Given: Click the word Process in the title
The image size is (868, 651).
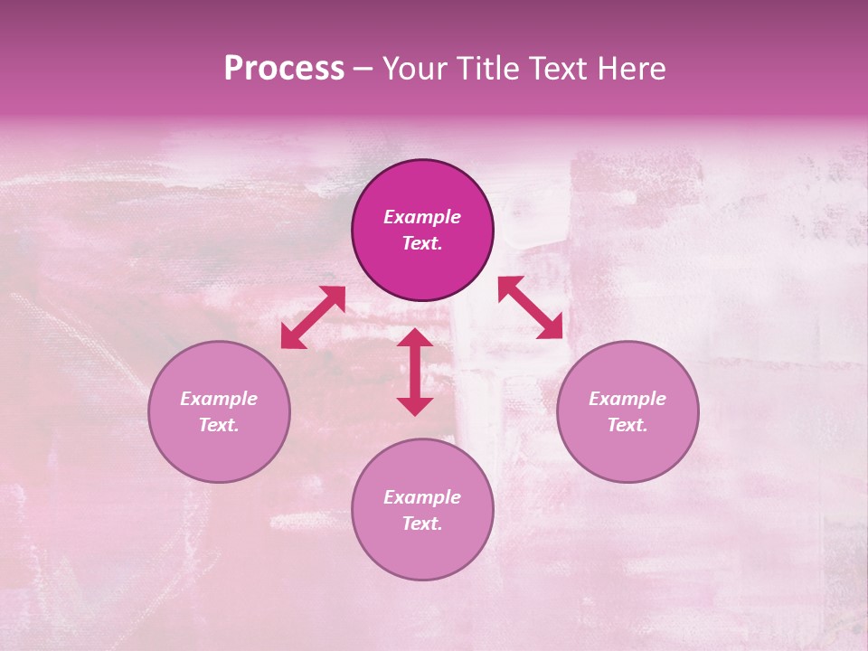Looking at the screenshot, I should pos(284,69).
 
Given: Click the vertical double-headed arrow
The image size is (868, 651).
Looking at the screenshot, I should pos(415,372).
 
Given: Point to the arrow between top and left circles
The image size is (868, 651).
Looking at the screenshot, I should pos(313,317).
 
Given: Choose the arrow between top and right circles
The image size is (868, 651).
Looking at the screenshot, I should pos(531,307).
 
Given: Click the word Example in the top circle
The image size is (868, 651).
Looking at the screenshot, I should pos(422,217).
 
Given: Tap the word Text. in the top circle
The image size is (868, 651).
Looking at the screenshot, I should pos(422,243).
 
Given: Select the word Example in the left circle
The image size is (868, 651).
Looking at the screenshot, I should pos(219,399).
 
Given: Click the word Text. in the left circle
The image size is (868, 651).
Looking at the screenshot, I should pos(219,425).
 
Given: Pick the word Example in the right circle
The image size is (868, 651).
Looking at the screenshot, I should pos(627,399).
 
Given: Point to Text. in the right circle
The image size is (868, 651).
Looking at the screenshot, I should pos(627,425).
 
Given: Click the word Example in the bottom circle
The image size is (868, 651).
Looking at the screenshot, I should pos(422,497).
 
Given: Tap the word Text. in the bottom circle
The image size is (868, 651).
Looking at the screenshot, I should pos(422,524).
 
